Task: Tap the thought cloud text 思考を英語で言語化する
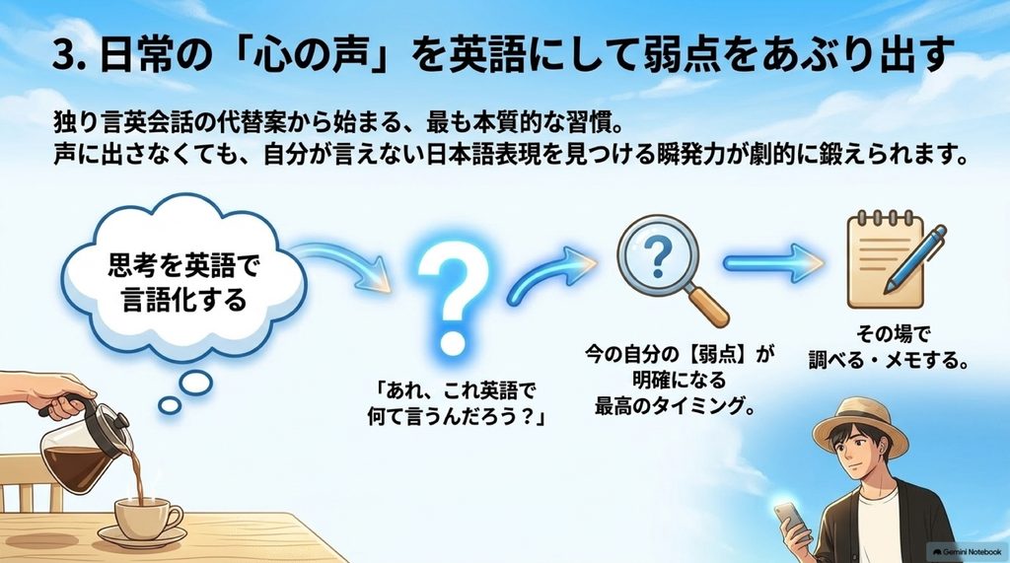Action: (x=183, y=282)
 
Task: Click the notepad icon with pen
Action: (x=896, y=261)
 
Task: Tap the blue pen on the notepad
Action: (x=916, y=257)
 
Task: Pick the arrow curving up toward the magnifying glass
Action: (x=550, y=274)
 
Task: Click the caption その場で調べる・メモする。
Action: (x=889, y=348)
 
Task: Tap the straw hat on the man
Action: (x=860, y=424)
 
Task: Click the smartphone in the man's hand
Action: (x=790, y=519)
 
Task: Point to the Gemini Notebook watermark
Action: (x=966, y=552)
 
